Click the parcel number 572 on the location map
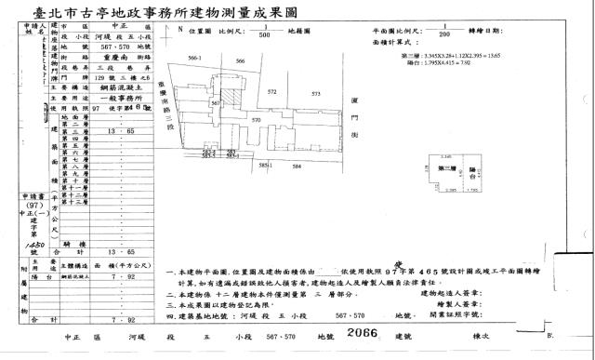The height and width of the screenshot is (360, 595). pyautogui.click(x=271, y=93)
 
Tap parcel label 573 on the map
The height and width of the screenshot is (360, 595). pyautogui.click(x=315, y=94)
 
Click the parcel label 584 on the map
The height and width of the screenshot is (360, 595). pyautogui.click(x=297, y=166)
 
